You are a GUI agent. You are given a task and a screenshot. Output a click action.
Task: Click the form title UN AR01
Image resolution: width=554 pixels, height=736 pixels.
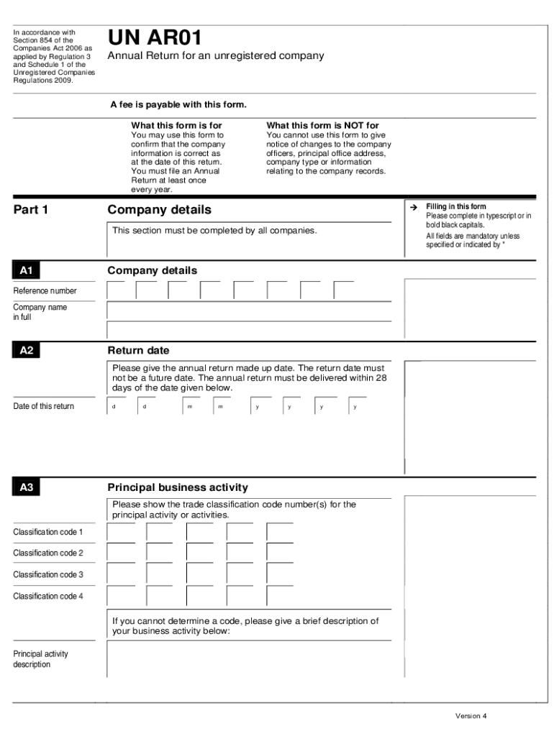(x=155, y=39)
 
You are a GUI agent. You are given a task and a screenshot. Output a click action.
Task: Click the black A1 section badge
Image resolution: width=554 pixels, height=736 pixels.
(x=27, y=271)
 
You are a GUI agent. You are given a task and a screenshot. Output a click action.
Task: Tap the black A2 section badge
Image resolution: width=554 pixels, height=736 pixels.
(x=27, y=351)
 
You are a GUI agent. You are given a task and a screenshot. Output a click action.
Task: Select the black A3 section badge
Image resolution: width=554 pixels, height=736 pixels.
(x=27, y=488)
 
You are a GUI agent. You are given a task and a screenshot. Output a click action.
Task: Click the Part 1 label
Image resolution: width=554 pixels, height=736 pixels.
(x=31, y=211)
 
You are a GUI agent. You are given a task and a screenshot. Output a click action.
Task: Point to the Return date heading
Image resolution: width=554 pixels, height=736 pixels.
(x=138, y=351)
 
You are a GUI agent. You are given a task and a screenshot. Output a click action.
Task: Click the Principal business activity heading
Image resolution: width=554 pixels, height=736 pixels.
(x=177, y=487)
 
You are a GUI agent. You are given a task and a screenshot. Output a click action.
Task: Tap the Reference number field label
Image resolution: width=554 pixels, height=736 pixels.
(x=45, y=291)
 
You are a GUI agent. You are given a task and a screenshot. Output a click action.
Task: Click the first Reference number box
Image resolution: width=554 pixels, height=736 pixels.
(x=117, y=290)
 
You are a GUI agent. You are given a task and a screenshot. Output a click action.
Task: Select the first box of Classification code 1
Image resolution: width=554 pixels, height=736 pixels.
(x=121, y=533)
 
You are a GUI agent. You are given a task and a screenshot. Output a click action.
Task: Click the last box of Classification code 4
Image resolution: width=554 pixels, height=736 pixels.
(x=280, y=597)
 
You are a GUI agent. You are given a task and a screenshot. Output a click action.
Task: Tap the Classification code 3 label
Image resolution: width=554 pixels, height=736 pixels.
(x=48, y=575)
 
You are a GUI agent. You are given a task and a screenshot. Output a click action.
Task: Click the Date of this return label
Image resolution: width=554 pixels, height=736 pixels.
(x=43, y=407)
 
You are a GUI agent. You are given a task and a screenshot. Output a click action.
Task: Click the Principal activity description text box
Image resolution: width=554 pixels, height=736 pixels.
(x=249, y=659)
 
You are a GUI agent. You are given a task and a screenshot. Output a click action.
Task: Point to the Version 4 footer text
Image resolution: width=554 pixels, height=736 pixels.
(x=471, y=716)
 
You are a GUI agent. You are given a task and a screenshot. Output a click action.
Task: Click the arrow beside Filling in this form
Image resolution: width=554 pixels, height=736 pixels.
(x=414, y=207)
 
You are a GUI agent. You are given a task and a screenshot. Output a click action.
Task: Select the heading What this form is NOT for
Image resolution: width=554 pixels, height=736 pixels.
(x=322, y=126)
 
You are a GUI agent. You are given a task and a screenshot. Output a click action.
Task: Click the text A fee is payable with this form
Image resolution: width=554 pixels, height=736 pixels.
(x=178, y=105)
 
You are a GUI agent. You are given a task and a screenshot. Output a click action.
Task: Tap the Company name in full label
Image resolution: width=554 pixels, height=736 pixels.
(x=40, y=312)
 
